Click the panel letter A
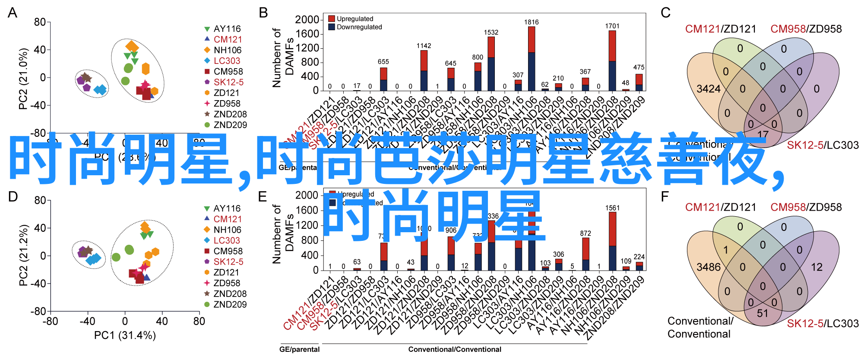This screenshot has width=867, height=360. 13,13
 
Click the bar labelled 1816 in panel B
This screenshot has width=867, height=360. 531,58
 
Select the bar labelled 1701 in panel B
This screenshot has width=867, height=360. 612,60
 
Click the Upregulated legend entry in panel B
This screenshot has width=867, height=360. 351,19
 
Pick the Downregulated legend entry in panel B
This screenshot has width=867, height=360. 355,27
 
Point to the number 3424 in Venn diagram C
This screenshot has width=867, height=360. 708,89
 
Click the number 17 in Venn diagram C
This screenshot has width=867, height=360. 763,134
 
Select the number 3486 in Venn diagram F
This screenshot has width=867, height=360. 708,267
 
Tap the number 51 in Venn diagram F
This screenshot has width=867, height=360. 763,313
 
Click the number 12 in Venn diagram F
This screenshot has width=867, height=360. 816,267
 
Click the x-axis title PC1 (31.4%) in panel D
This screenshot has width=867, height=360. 125,335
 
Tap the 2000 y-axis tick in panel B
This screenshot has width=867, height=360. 307,20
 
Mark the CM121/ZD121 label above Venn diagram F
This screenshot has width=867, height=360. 720,207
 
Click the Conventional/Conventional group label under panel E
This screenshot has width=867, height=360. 455,349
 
